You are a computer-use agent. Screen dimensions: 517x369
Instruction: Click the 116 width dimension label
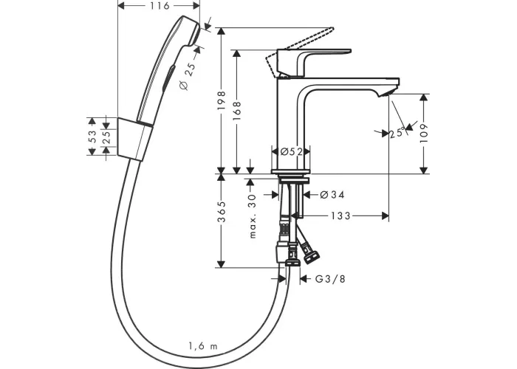coord(160,6)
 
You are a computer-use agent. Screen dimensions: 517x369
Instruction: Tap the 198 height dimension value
coord(222,100)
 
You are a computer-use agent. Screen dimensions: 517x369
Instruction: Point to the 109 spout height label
coord(424,133)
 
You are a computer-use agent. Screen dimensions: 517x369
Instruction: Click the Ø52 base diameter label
coord(291,151)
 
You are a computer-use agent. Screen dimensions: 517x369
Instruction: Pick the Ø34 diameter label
coord(332,195)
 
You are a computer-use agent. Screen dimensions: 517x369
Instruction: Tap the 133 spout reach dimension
coord(340,215)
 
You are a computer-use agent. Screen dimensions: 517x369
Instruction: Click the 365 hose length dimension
coord(222,212)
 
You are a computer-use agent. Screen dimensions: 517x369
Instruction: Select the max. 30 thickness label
coord(253,216)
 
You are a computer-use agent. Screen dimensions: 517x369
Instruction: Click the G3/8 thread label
coord(330,279)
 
